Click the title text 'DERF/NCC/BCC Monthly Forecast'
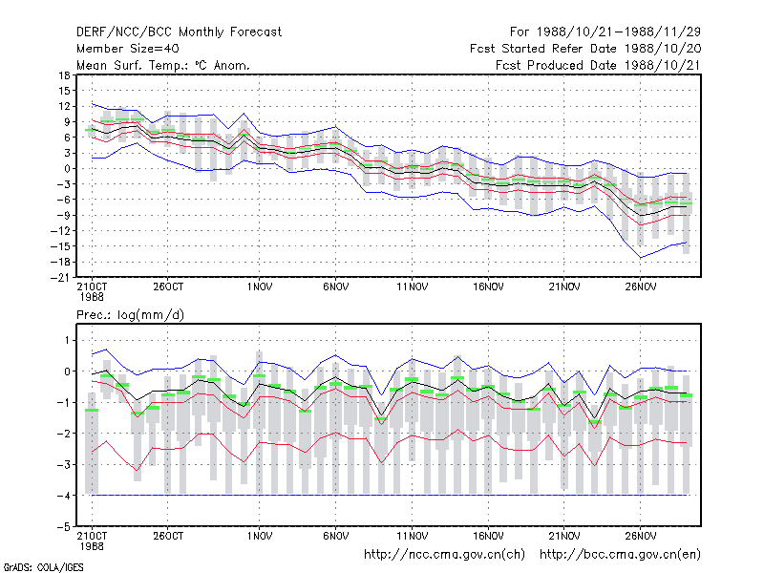179,32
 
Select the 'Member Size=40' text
128,49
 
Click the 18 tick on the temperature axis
64,75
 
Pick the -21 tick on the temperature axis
61,278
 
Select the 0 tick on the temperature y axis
67,169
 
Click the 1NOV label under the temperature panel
260,287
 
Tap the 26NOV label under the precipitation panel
640,536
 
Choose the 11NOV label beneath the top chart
413,287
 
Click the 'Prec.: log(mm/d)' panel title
130,315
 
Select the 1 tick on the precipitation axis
68,340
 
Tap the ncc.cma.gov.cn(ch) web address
444,555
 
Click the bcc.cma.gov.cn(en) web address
620,555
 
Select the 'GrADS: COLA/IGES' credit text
43,567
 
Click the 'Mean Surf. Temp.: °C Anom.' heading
163,65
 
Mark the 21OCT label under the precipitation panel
92,536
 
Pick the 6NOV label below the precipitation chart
336,536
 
